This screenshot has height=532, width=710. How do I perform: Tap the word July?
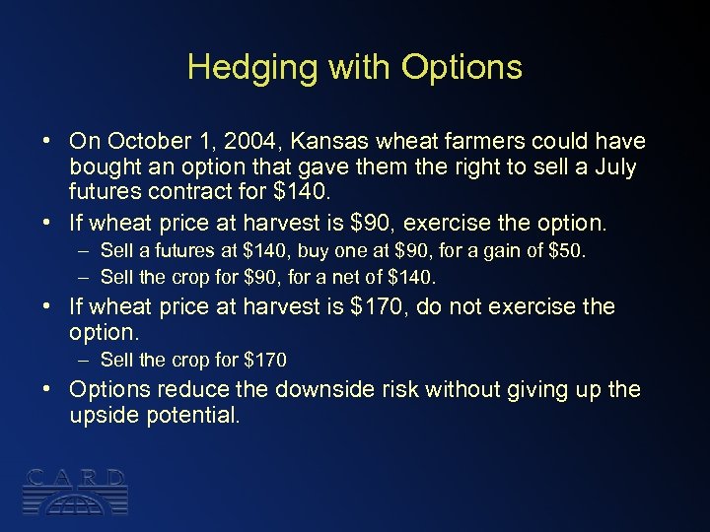[615, 166]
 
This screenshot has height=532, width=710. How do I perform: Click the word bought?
[105, 166]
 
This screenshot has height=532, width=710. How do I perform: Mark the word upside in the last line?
[103, 415]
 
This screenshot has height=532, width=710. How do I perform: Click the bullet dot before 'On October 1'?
[48, 141]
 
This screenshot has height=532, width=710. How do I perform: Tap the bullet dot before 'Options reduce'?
[48, 389]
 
